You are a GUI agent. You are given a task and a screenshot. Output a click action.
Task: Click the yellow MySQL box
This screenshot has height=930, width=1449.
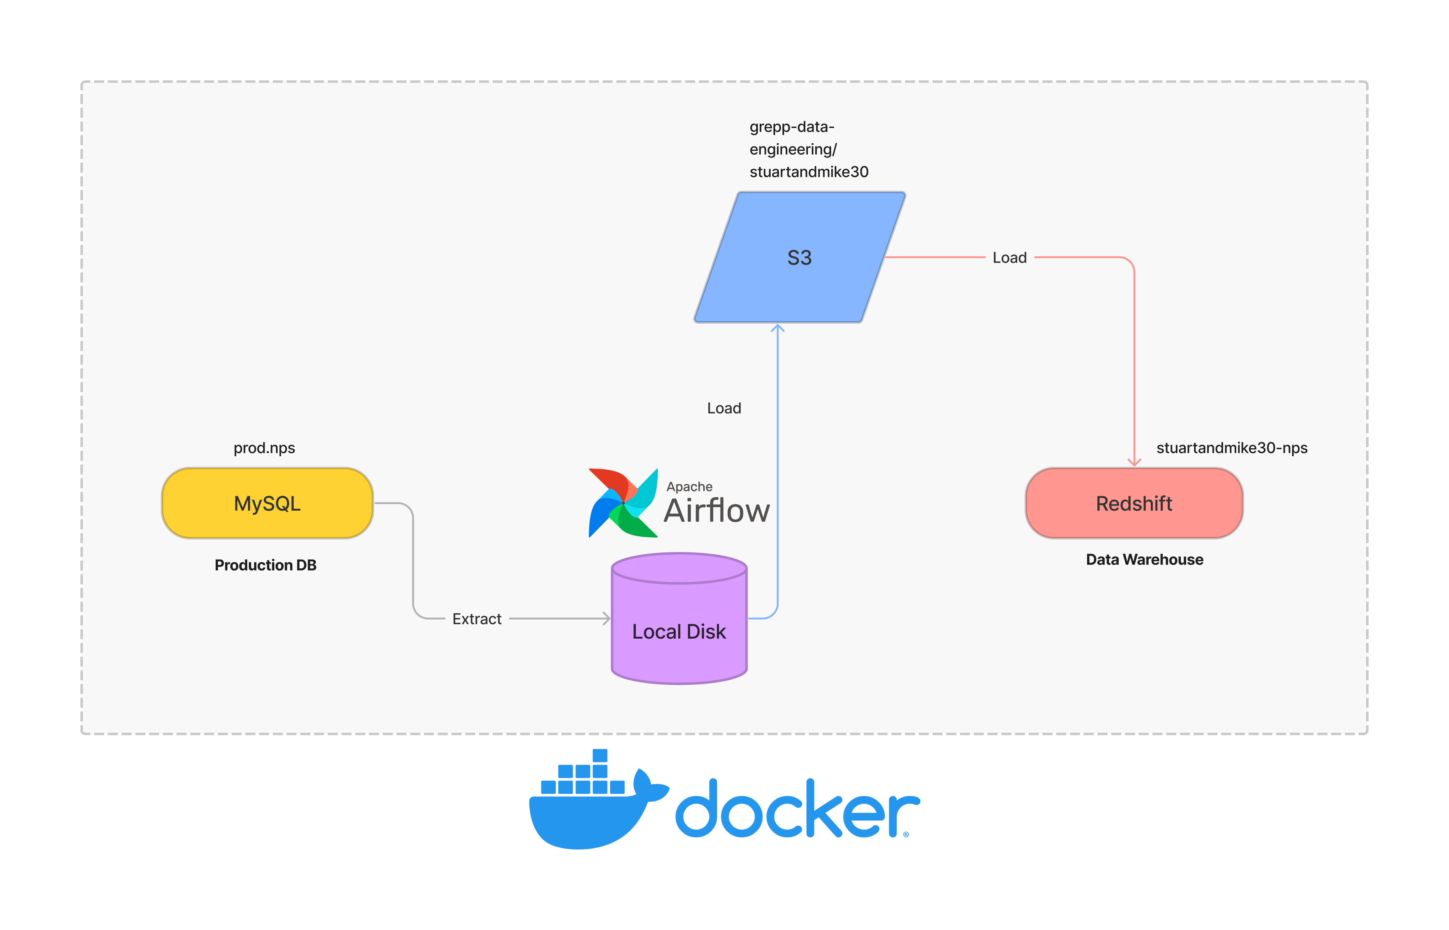click(267, 503)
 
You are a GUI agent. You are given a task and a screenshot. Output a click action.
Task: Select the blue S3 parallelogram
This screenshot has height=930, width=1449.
click(800, 257)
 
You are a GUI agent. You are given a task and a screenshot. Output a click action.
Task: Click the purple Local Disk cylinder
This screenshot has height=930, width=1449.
click(679, 619)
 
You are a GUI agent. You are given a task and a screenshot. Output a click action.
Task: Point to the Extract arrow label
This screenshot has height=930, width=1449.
click(477, 619)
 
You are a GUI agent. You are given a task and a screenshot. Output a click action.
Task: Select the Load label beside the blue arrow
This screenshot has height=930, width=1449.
click(724, 408)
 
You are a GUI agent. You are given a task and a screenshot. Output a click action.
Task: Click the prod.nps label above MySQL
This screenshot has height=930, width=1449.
click(264, 448)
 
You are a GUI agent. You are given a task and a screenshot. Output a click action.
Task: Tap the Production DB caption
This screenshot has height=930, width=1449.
click(265, 565)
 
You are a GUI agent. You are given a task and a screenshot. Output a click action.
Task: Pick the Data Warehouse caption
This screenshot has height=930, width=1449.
click(1145, 560)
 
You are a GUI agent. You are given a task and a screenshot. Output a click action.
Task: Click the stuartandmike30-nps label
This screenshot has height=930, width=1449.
click(1231, 448)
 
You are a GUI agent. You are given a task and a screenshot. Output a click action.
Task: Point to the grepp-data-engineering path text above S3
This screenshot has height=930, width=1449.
click(809, 149)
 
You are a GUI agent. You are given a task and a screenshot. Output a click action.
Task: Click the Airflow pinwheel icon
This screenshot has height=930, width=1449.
click(623, 502)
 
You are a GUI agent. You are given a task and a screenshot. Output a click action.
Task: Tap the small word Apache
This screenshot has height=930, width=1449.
click(689, 487)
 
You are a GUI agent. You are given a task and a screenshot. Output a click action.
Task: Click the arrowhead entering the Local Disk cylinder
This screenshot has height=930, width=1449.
click(607, 619)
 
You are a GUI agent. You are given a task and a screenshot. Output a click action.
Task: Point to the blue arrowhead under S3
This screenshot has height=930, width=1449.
click(778, 328)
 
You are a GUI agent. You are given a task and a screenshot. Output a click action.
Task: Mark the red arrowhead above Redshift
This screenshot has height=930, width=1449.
click(1134, 462)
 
